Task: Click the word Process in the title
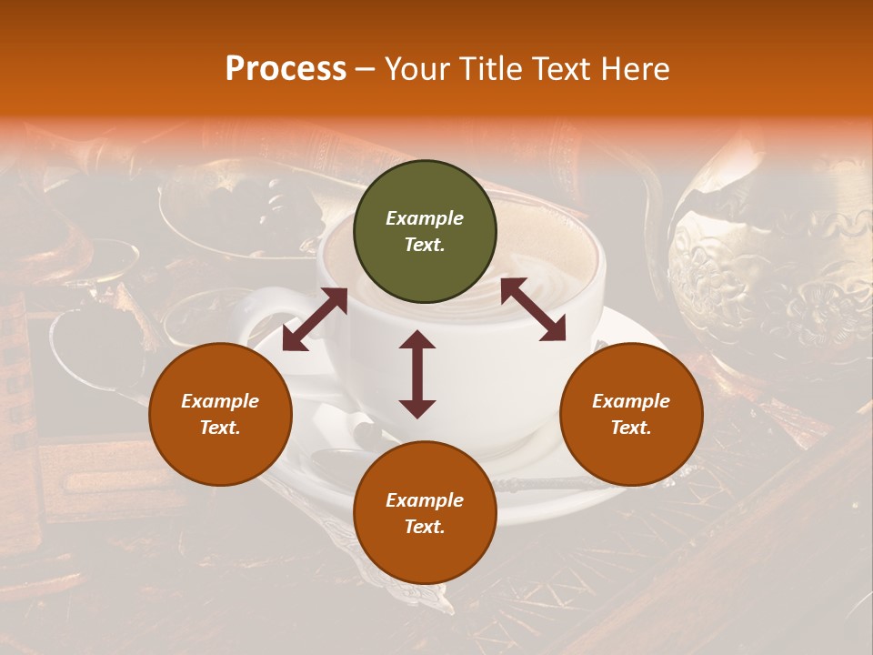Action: click(286, 69)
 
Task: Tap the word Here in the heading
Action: click(635, 69)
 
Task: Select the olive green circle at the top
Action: click(425, 232)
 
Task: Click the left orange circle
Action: click(220, 414)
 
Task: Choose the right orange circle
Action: click(631, 414)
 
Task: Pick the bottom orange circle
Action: click(425, 513)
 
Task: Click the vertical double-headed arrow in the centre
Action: click(417, 374)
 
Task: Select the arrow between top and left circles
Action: click(315, 318)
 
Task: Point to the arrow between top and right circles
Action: click(533, 309)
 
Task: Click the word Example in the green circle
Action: click(425, 218)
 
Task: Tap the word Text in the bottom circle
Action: click(425, 527)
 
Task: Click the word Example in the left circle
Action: click(220, 401)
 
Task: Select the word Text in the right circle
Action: click(631, 428)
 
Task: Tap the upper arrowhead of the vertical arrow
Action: click(417, 340)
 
